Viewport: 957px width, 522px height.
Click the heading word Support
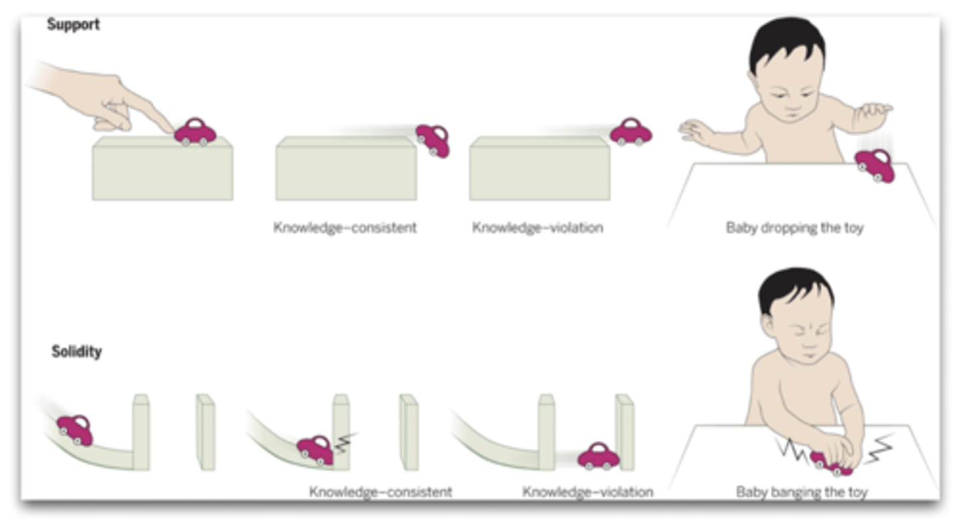point(73,25)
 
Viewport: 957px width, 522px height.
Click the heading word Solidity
point(76,351)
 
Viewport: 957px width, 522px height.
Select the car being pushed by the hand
point(195,132)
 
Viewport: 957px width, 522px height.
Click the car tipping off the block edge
point(433,140)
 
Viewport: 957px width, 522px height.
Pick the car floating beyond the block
point(631,132)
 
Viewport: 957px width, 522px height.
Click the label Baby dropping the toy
point(794,228)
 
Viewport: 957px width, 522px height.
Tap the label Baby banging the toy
point(801,492)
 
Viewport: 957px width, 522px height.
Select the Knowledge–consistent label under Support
point(345,228)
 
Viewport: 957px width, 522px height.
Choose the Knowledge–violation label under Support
point(538,228)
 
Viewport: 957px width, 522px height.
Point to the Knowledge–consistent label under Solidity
point(380,492)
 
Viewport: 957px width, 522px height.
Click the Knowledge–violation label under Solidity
point(587,492)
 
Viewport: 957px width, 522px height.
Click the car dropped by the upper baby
point(875,165)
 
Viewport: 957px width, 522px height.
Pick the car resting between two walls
point(598,457)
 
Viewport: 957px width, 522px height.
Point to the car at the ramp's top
point(74,430)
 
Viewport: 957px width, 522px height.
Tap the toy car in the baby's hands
point(831,463)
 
